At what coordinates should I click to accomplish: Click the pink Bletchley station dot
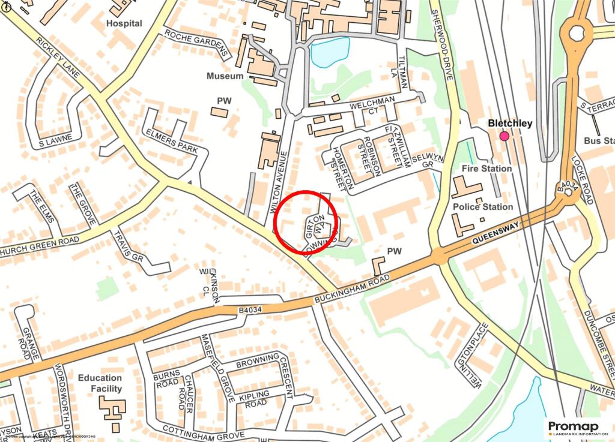click(504, 136)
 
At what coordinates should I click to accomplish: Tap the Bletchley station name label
click(510, 124)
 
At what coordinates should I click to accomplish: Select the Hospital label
click(124, 23)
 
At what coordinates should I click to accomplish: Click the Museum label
click(225, 76)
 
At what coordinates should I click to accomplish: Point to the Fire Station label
click(487, 169)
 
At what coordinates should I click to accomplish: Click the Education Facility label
click(100, 383)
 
